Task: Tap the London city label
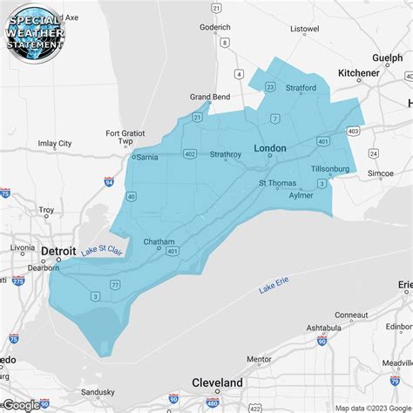[269, 149]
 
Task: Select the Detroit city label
[58, 251]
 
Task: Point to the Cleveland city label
[217, 383]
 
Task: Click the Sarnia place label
[146, 158]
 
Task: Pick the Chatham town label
[159, 241]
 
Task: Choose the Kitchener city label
[359, 73]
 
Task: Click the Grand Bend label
[210, 98]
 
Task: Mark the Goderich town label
[214, 27]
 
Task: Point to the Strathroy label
[226, 155]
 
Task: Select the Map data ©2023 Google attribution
[373, 407]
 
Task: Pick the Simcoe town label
[381, 174]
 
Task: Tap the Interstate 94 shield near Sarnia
[108, 182]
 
